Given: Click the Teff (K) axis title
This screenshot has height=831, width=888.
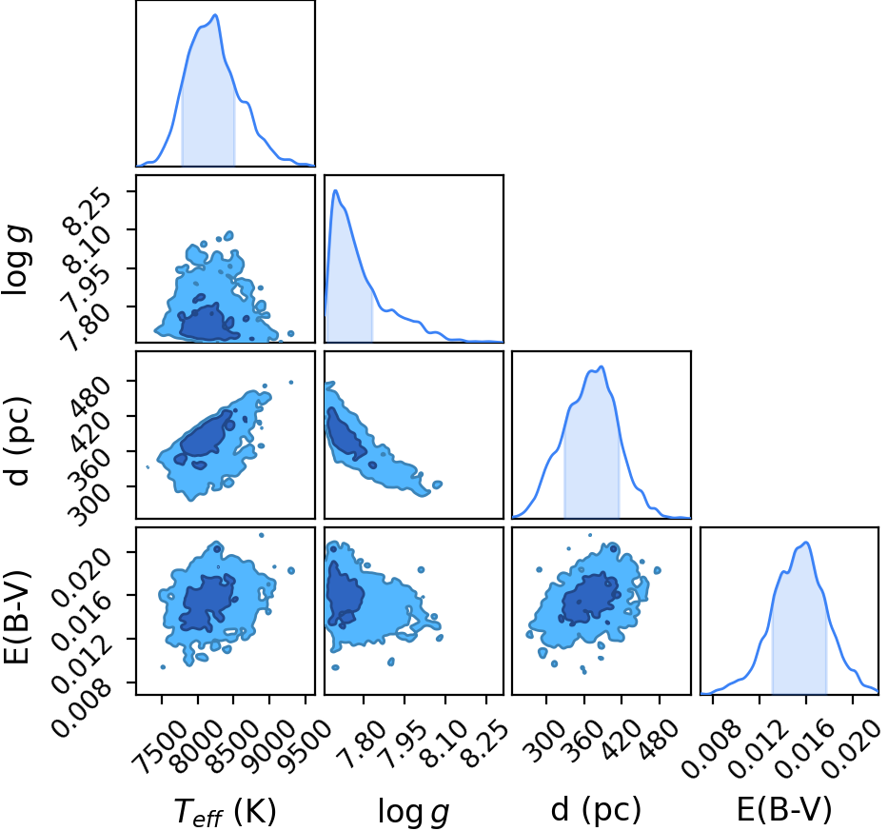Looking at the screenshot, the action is point(225,811).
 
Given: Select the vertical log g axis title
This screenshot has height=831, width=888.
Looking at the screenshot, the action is point(16,260).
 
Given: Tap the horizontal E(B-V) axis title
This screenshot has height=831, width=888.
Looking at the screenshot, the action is point(784,809).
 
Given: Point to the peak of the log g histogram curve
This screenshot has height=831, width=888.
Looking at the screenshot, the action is point(335,190).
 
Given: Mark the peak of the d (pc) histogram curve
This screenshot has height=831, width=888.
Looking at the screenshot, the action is point(602,366).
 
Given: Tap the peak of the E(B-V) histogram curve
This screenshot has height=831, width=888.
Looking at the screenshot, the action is point(805,543).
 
